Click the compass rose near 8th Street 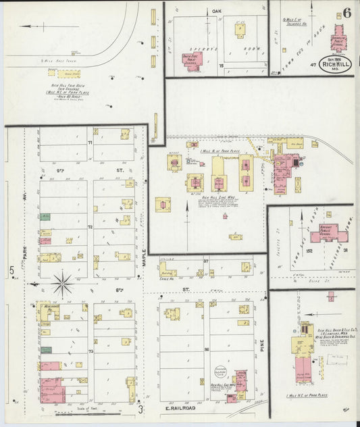point(63,283)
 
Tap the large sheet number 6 point(346,13)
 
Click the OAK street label point(217,11)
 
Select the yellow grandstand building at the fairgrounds point(68,73)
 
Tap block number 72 point(89,228)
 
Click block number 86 point(207,350)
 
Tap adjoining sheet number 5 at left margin point(11,272)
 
